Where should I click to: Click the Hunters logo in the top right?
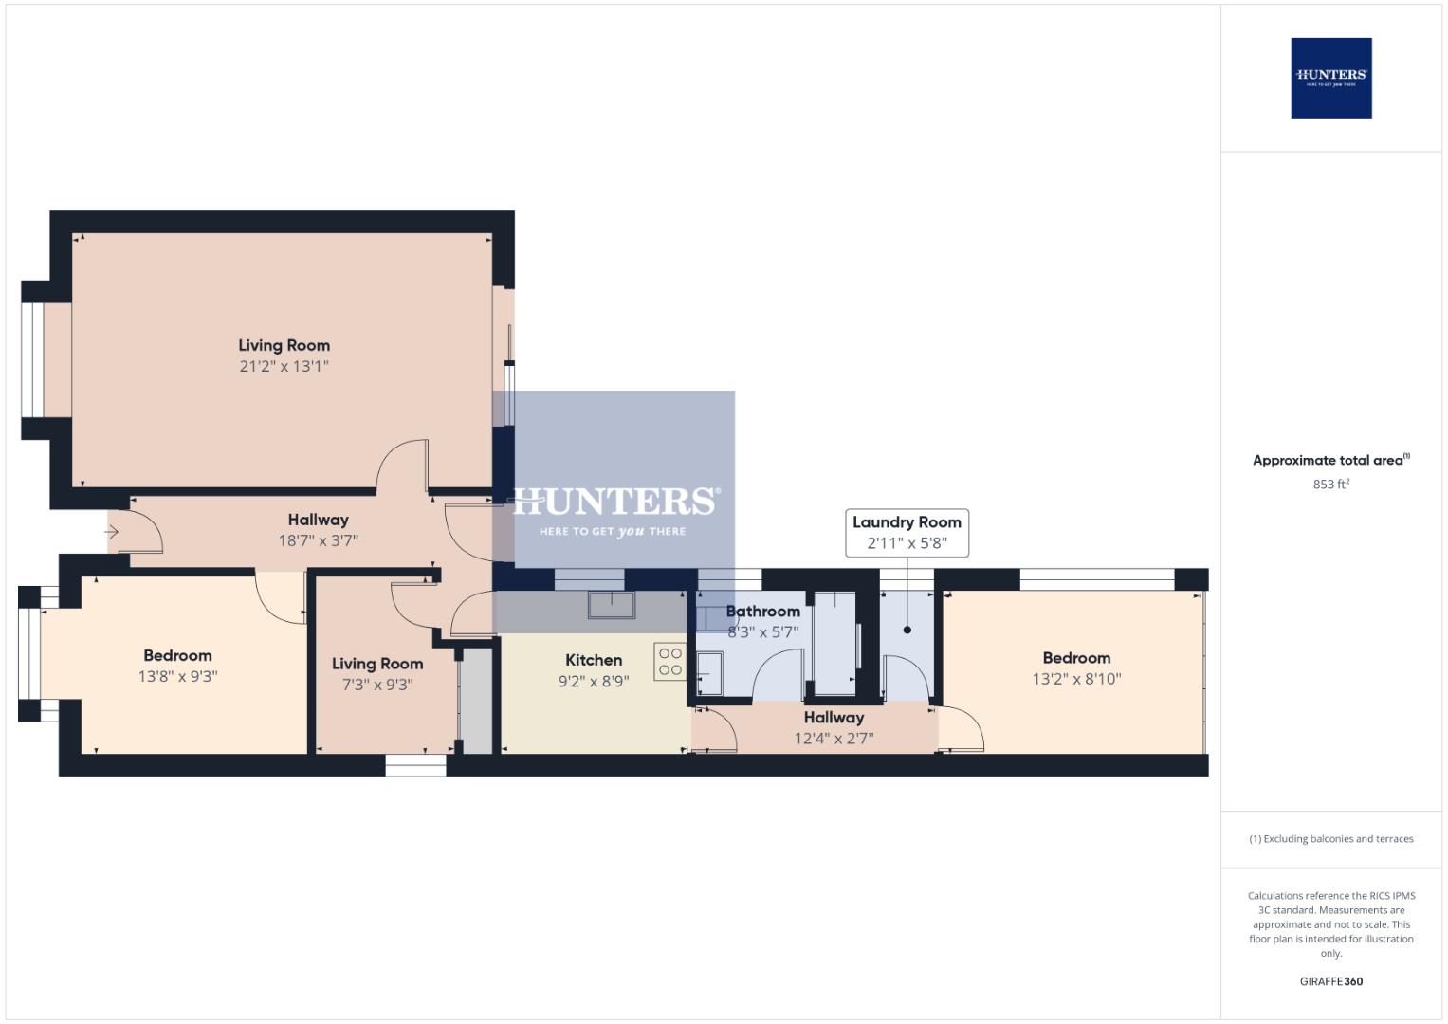tap(1330, 78)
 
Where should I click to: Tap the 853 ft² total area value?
tap(1330, 485)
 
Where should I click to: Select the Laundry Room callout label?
tap(907, 522)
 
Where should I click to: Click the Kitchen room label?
tap(594, 660)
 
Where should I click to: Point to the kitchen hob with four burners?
tap(669, 661)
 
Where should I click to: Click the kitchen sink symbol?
tap(612, 604)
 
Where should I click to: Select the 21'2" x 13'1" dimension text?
tap(284, 366)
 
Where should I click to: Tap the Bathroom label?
tap(762, 612)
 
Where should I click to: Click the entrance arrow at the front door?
tap(112, 532)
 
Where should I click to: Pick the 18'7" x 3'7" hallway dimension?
tap(318, 540)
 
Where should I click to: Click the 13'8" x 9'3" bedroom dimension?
tap(177, 676)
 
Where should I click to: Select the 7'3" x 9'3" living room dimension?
tap(376, 685)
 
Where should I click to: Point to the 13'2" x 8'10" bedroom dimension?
tap(1076, 679)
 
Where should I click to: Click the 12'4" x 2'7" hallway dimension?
tap(834, 739)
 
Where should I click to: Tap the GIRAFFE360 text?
tap(1330, 981)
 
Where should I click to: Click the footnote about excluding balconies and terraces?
tap(1330, 839)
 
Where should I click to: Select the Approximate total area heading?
tap(1328, 461)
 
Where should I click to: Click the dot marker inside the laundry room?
tap(907, 630)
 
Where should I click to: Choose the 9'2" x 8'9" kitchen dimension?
tap(594, 681)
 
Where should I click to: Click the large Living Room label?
tap(284, 345)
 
